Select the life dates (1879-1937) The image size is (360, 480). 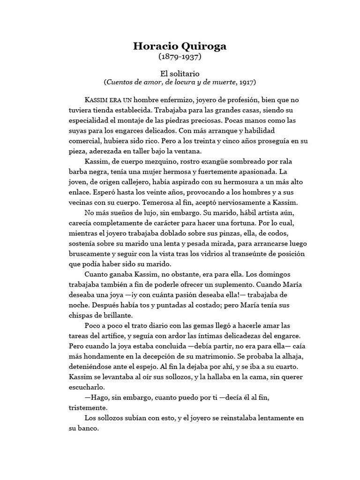click(x=180, y=57)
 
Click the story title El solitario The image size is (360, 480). click(x=180, y=73)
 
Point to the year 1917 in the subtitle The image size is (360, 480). click(x=247, y=82)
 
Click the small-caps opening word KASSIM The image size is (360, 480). click(x=96, y=100)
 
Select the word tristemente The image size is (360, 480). click(x=83, y=408)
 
